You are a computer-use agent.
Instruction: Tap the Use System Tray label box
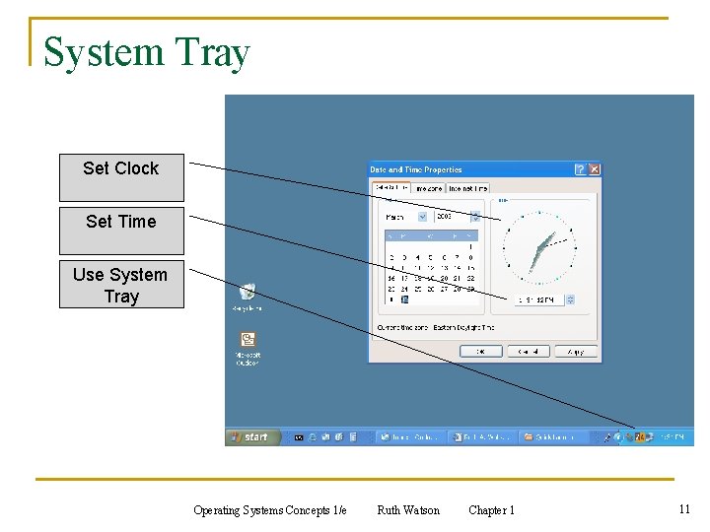[121, 285]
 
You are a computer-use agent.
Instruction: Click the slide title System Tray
[147, 52]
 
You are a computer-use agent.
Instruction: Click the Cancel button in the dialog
[528, 351]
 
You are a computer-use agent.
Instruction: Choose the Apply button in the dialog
[575, 351]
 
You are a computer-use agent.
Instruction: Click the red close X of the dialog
[594, 169]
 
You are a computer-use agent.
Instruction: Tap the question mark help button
[580, 169]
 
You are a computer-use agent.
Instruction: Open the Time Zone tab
[428, 188]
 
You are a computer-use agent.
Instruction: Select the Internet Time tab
[467, 188]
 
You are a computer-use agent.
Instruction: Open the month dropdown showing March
[406, 216]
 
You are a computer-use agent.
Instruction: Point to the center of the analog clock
[538, 245]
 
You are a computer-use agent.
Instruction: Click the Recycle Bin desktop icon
[247, 293]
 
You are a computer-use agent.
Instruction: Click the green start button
[250, 436]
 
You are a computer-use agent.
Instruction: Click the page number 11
[683, 509]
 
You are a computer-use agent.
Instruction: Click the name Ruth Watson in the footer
[408, 510]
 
